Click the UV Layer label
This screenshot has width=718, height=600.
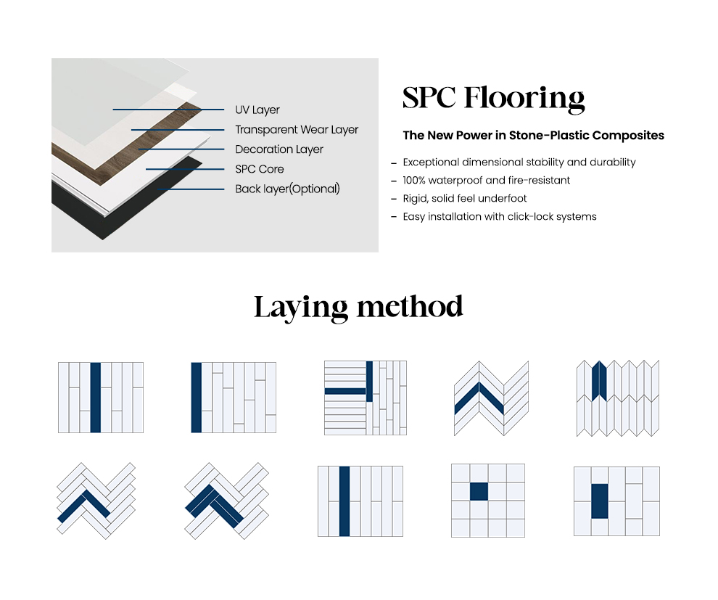click(x=257, y=110)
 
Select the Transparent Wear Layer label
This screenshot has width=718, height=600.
click(x=297, y=130)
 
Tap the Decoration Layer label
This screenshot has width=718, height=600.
click(x=279, y=149)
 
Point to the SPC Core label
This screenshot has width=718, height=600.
click(x=259, y=169)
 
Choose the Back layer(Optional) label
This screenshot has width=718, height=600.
click(x=288, y=189)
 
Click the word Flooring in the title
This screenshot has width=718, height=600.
click(x=524, y=99)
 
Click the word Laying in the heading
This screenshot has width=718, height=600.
click(x=301, y=308)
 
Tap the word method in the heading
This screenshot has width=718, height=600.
click(x=410, y=306)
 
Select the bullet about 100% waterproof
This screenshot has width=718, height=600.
click(x=486, y=181)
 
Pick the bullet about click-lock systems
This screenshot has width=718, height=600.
click(x=500, y=217)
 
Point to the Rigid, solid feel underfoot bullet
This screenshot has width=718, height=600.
click(x=465, y=199)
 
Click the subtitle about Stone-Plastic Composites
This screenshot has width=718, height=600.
click(x=534, y=136)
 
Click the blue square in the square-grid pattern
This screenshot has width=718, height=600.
click(x=479, y=491)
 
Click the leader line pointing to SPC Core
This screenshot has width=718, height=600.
click(x=185, y=169)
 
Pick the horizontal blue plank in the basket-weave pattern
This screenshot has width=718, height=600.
click(x=345, y=392)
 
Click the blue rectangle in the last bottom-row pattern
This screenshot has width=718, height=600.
click(x=600, y=501)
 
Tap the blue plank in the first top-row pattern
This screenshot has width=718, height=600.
click(x=95, y=398)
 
